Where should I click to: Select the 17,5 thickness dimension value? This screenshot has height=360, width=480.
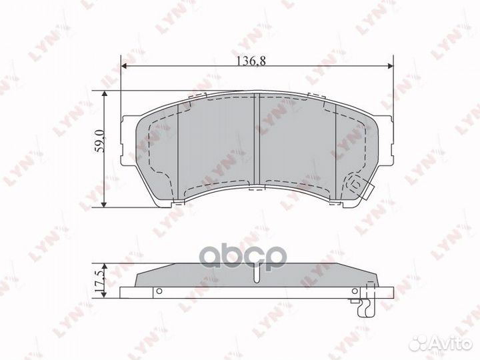tap(99, 282)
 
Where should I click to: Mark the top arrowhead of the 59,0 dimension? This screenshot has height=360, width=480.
tap(105, 94)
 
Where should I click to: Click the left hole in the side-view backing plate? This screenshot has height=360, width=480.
tap(159, 291)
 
